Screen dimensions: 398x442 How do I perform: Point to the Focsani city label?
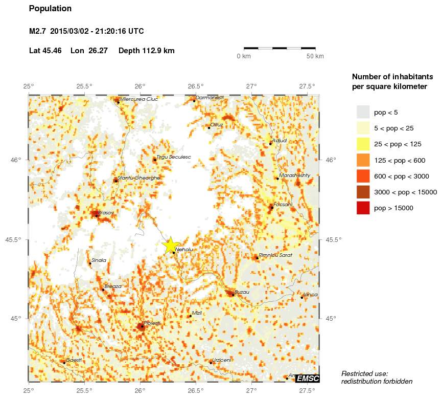coord(283,205)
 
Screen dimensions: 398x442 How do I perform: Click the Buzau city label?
coord(242,292)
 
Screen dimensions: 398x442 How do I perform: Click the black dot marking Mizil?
coord(191,316)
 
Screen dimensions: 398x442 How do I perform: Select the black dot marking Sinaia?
coord(90,263)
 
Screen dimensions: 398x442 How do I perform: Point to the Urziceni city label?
coord(222,360)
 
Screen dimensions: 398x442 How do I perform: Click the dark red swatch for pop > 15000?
coord(363,208)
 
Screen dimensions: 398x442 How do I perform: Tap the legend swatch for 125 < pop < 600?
coord(363,160)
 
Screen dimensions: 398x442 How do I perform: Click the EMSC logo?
coord(308,379)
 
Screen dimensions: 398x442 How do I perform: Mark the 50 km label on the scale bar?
coord(315,56)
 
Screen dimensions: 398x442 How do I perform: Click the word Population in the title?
coord(51,9)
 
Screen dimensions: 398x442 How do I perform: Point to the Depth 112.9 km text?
coord(146,51)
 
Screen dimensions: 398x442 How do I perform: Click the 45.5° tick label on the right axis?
coord(331,239)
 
